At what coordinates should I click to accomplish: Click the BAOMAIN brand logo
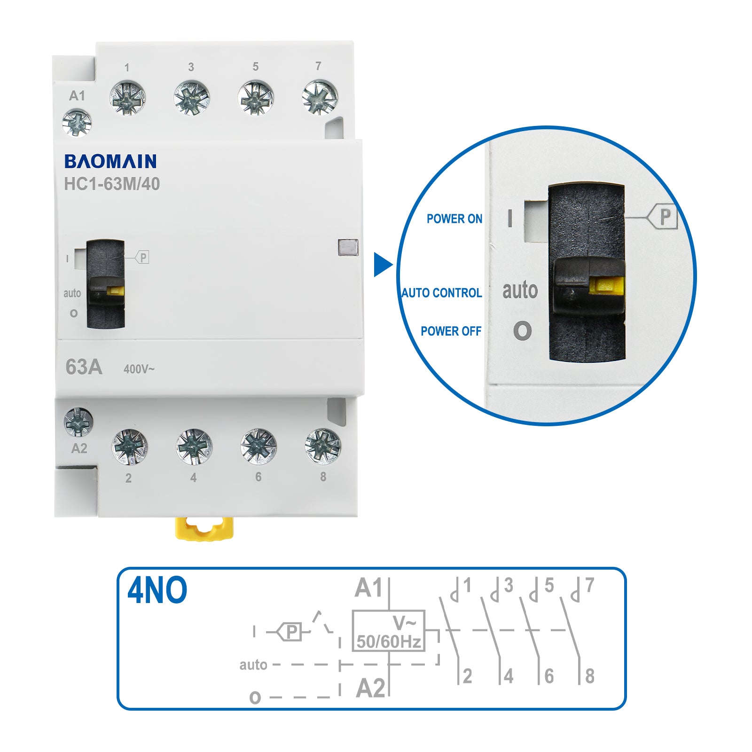(110, 161)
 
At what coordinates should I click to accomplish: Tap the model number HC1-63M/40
(112, 184)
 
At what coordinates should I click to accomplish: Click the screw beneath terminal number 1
(127, 98)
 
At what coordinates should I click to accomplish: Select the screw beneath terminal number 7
(320, 97)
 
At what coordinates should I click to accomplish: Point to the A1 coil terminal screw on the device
(77, 123)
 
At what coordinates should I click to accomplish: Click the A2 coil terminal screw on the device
(78, 422)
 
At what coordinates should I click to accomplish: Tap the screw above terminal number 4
(194, 446)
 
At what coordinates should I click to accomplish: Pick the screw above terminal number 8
(322, 446)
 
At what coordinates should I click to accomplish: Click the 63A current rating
(84, 367)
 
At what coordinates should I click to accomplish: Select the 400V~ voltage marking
(139, 369)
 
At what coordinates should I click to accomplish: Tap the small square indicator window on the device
(348, 247)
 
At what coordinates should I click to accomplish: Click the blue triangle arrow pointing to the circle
(382, 265)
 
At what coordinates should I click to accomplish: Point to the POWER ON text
(454, 219)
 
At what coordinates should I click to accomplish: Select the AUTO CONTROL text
(442, 293)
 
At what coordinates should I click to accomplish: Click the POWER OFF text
(451, 331)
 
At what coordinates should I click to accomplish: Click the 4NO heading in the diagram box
(157, 590)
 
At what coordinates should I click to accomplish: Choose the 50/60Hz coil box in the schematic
(389, 631)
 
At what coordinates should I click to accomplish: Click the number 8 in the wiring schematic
(590, 676)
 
